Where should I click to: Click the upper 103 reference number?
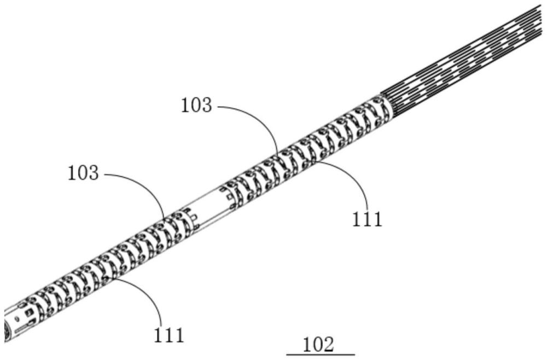[x=196, y=105]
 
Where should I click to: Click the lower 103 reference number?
[x=83, y=173]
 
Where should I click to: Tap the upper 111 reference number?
[x=367, y=220]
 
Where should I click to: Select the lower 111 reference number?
[x=169, y=335]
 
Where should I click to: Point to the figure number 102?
[x=318, y=345]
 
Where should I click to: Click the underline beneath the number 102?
[x=321, y=355]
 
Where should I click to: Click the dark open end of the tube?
[x=6, y=330]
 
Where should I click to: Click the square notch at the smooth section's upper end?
[x=228, y=198]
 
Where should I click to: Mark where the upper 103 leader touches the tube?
[x=278, y=154]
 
